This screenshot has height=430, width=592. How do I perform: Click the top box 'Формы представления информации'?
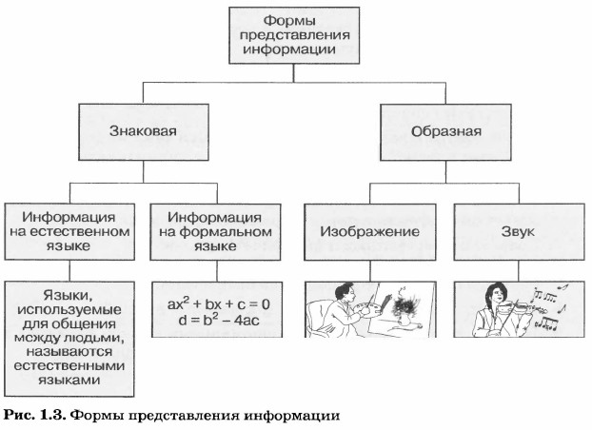click(x=295, y=36)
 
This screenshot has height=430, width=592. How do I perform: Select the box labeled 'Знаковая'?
click(x=143, y=131)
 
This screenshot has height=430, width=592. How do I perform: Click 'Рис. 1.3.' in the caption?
click(x=35, y=415)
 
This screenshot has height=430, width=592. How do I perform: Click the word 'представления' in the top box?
click(x=295, y=36)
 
